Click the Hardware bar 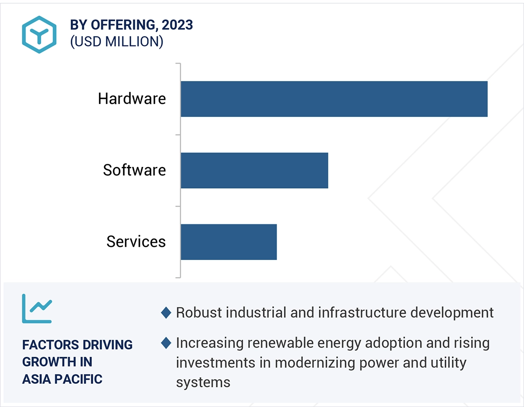[x=334, y=99]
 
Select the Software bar [x=254, y=170]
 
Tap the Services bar [x=228, y=242]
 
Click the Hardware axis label [x=132, y=99]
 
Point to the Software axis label [x=134, y=170]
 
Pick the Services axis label [x=136, y=242]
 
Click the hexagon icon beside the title [x=39, y=34]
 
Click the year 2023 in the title [x=177, y=25]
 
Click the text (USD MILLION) [x=116, y=42]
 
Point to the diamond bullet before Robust [x=166, y=313]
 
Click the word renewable [x=278, y=343]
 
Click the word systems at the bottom [x=203, y=382]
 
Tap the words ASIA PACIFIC [x=62, y=379]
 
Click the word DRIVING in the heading [x=107, y=345]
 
